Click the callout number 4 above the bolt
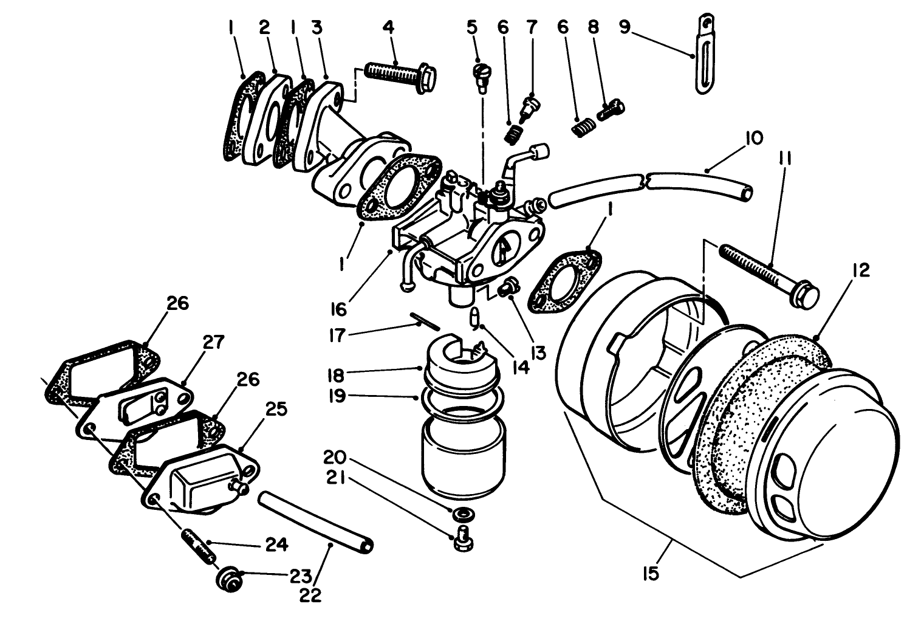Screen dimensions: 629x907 point(388,27)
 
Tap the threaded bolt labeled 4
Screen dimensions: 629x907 point(401,78)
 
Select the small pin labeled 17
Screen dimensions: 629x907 point(424,320)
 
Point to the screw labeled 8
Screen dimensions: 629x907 point(612,111)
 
